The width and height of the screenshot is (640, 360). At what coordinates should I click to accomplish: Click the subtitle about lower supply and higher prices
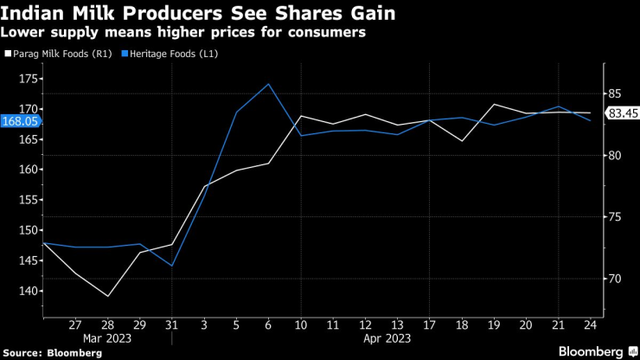tap(183, 32)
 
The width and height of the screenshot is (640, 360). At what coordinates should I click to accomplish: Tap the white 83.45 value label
tap(619, 113)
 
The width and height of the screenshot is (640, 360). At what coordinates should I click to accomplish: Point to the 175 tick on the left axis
tap(27, 79)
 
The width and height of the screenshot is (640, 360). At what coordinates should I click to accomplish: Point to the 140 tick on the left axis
tap(27, 291)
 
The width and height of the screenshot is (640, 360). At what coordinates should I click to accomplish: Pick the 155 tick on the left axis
tap(27, 200)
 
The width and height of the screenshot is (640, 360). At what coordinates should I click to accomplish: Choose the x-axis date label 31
tap(172, 325)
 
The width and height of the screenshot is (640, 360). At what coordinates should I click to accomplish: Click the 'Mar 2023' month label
tap(107, 338)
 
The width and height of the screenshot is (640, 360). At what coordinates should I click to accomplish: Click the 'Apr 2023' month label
tap(381, 338)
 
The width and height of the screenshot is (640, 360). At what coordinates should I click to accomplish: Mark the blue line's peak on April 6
tap(268, 84)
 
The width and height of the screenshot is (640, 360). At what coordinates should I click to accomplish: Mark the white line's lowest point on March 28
tap(108, 296)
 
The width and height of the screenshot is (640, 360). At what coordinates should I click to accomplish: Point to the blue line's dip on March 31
tap(172, 266)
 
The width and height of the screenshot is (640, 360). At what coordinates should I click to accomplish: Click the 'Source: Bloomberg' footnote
tap(53, 352)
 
